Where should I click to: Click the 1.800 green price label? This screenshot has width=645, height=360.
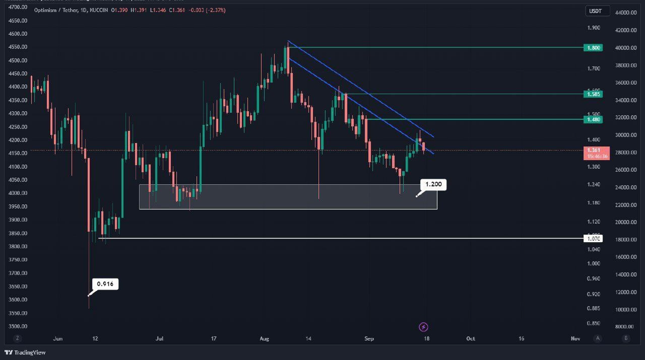coord(593,48)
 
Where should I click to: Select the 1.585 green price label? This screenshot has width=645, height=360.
coord(593,94)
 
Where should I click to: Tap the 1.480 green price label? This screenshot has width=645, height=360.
coord(593,119)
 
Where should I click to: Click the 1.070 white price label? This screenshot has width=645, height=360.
coord(593,238)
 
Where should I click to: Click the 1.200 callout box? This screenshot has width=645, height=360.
coord(434,185)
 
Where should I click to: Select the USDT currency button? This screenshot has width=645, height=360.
coord(593,11)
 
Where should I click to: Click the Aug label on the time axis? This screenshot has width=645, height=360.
coord(264,339)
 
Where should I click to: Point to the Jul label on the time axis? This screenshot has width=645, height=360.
coord(160,339)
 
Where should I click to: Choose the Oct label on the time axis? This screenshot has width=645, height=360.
coord(470,339)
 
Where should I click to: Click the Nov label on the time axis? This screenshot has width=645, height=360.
coord(575,339)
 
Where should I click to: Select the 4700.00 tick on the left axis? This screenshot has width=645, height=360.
coord(17,8)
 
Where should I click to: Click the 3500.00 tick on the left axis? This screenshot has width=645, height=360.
coord(17,326)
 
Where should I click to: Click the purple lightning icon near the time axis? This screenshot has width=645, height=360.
coord(424,327)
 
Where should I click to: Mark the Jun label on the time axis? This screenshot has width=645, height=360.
coord(59,339)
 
